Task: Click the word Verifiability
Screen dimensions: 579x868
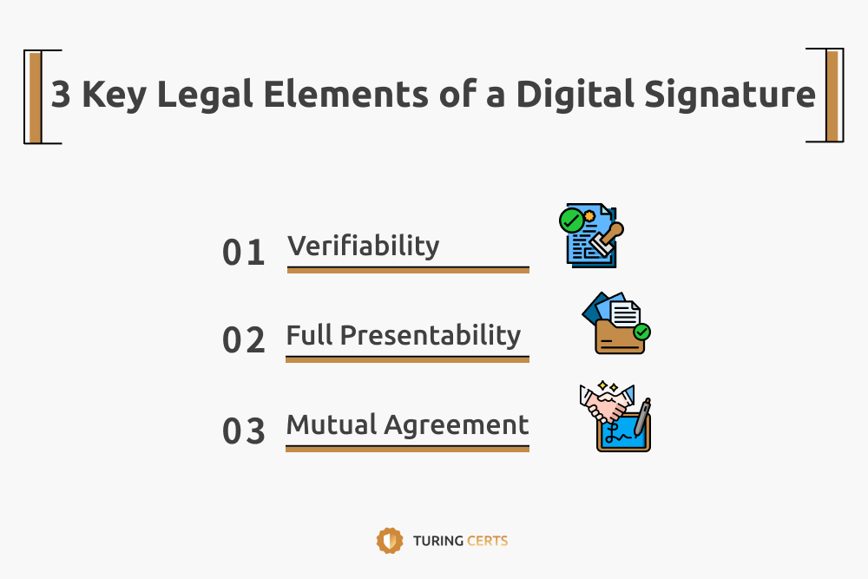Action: point(364,246)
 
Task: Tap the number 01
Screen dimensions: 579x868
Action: point(244,253)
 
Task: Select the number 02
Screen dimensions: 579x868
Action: point(244,340)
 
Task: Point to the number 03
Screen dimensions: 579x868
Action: point(244,431)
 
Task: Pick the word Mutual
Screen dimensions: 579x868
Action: point(332,424)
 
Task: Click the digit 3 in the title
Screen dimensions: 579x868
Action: point(60,94)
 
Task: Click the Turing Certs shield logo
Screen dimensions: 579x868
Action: point(389,540)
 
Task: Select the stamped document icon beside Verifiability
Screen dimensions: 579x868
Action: point(589,235)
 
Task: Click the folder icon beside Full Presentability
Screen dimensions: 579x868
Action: point(616,326)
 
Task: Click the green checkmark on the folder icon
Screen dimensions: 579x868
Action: point(642,331)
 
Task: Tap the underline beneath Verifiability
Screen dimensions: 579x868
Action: point(408,270)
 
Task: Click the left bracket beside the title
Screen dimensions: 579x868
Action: point(35,95)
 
